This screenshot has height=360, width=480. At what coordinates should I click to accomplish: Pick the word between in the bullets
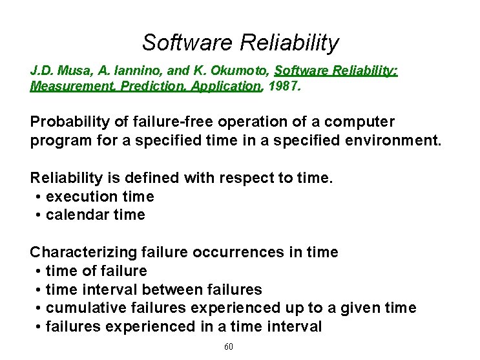point(172,290)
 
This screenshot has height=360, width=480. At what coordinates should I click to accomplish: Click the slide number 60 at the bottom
point(228,348)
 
